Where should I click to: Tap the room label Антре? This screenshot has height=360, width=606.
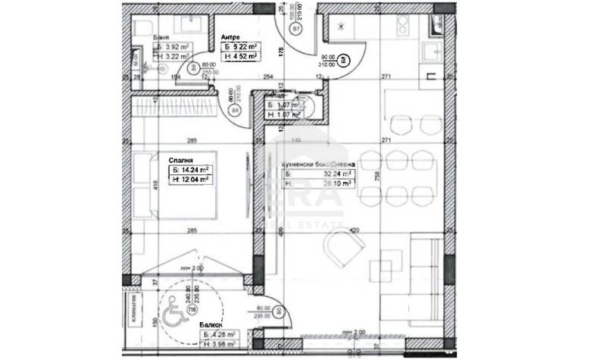[x=231, y=36]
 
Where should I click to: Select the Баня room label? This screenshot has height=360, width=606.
[x=160, y=36]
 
